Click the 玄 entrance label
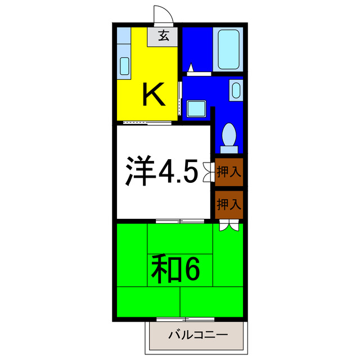click(x=163, y=37)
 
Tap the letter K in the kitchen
click(x=153, y=94)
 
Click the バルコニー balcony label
click(x=198, y=336)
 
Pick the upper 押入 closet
click(x=229, y=173)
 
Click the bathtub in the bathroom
click(x=229, y=50)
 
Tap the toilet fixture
click(x=229, y=137)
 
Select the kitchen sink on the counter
click(x=124, y=66)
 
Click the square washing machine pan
click(x=197, y=107)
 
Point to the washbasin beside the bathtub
click(x=236, y=90)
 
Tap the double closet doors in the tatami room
click(x=229, y=226)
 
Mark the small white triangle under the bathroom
click(x=191, y=68)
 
